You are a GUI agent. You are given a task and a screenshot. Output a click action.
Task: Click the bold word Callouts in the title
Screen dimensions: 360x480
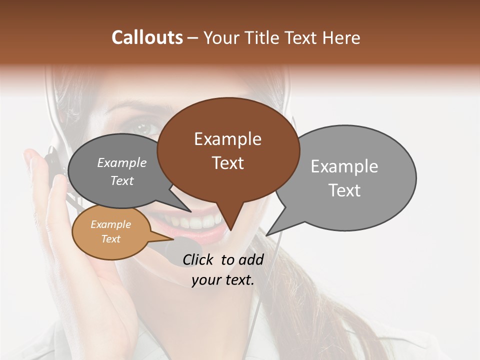(x=147, y=37)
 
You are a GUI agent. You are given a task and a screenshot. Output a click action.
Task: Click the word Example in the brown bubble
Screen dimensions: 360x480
(x=227, y=139)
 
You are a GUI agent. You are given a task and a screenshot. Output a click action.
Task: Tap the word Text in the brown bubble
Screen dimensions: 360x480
(x=227, y=163)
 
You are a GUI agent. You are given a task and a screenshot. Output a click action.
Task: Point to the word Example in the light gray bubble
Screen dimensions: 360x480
(x=344, y=166)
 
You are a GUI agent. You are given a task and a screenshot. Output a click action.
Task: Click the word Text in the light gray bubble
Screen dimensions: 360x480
(x=344, y=190)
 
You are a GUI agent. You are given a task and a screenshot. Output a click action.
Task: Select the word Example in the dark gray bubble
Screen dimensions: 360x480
(x=122, y=163)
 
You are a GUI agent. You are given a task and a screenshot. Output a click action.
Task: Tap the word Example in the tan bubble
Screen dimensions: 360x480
(x=110, y=224)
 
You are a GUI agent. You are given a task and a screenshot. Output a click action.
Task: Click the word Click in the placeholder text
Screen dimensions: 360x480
(x=198, y=259)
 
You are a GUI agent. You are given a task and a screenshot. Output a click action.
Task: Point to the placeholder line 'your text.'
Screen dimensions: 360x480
(x=223, y=280)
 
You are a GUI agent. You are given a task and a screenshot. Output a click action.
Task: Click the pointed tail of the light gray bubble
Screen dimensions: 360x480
(x=270, y=231)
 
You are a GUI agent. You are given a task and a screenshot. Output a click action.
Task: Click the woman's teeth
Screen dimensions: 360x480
(x=200, y=220)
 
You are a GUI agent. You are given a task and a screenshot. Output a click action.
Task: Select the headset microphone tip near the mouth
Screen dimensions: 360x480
(x=175, y=247)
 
